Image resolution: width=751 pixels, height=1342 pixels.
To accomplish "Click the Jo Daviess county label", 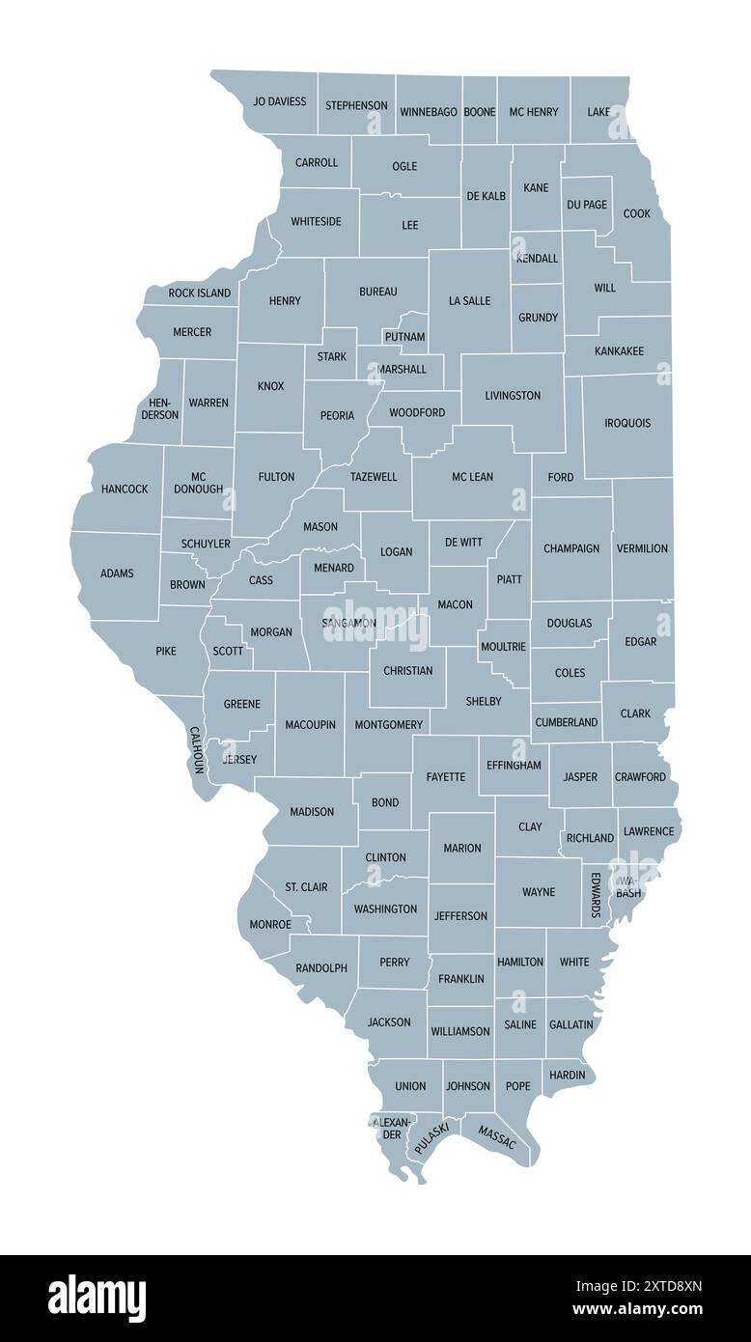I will coord(280,101).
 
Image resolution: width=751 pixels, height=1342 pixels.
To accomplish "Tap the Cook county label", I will coord(636,213).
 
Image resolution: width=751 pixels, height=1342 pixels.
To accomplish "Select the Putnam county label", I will coord(404,337).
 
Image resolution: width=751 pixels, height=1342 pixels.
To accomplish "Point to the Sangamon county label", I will coord(349,624).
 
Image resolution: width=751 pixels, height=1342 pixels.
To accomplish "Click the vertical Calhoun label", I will coord(196,750).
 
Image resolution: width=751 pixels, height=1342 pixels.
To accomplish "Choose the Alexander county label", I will coord(392,1128).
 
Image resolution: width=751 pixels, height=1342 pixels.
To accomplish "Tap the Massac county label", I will coord(497,1136).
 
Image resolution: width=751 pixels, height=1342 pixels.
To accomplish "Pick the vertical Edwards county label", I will coord(596,895).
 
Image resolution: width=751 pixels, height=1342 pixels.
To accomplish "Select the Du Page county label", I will coord(587,205).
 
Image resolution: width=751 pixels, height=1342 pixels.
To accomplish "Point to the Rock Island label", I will coord(200,293).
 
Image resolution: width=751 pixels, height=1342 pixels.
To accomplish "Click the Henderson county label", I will coord(160,408).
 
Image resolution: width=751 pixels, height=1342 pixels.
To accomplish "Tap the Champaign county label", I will coord(571,548).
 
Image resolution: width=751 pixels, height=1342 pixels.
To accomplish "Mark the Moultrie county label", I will coord(503,647).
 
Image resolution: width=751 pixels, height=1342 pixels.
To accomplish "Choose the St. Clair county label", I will coord(306,886).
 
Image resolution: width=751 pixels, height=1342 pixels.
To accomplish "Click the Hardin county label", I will coord(567,1075).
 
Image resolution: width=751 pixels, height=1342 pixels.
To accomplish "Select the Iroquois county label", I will coord(627,423).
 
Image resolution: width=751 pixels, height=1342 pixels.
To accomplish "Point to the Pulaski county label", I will coord(431,1139).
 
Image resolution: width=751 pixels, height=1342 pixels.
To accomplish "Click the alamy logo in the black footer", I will coord(97,1298).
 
